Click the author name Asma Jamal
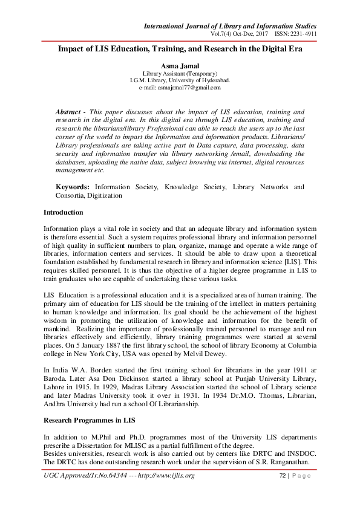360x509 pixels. (x=180, y=65)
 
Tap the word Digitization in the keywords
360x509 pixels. (x=102, y=196)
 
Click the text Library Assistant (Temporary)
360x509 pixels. (x=180, y=73)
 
